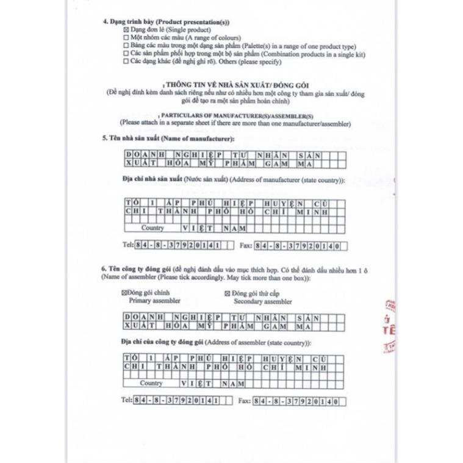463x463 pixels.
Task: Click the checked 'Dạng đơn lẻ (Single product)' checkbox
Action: (126, 30)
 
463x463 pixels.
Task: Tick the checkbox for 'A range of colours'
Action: (126, 38)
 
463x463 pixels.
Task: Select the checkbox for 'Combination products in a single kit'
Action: (126, 54)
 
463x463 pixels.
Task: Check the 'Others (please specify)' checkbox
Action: (126, 62)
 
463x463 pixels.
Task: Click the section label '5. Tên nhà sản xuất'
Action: (127, 139)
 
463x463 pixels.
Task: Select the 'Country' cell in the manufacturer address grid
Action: (153, 228)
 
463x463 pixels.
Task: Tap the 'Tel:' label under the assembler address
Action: (127, 401)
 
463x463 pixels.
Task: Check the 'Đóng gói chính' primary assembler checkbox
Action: (125, 293)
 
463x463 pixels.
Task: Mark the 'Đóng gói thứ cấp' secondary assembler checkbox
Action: (228, 293)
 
